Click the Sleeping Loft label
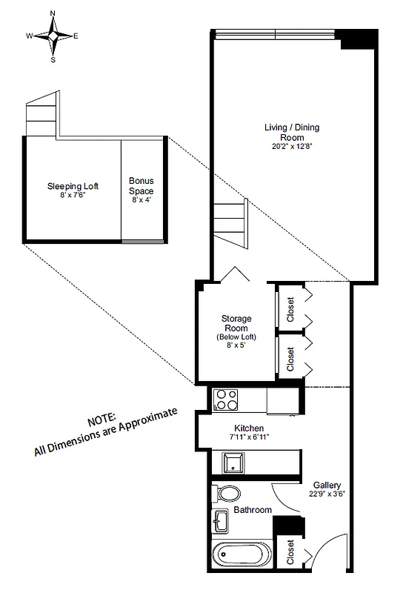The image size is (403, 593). (x=73, y=186)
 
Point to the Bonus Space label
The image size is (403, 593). (x=141, y=186)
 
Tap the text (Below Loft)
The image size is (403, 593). (x=236, y=337)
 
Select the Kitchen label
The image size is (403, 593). (x=250, y=428)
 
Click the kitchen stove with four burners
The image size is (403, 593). (x=224, y=400)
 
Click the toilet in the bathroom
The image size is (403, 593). (x=227, y=493)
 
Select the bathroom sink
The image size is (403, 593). (x=222, y=522)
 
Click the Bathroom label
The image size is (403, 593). (x=253, y=510)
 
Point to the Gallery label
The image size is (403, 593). (x=326, y=486)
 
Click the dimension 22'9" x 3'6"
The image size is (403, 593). (x=326, y=495)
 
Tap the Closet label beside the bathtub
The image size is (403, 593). (x=290, y=552)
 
